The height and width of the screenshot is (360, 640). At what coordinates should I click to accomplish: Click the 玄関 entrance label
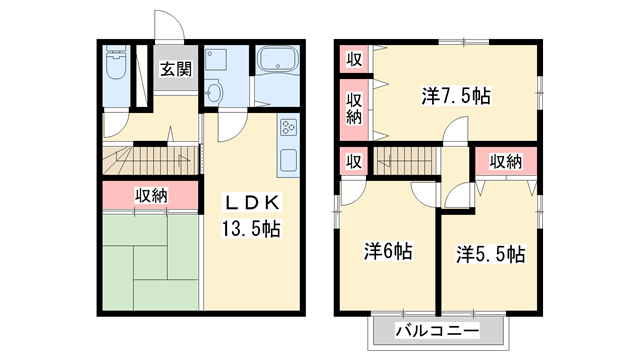point(176,70)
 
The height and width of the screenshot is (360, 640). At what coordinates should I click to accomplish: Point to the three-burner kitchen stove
point(288,128)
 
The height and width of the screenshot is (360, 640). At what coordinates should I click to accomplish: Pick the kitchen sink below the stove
point(288,158)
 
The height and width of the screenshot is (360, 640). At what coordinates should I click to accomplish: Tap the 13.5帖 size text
point(250,228)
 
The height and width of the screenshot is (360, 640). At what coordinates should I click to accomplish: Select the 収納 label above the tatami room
point(151,195)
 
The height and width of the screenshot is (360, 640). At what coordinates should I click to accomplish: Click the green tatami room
point(150,263)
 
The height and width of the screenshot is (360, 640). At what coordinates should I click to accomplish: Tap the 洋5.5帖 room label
point(490,253)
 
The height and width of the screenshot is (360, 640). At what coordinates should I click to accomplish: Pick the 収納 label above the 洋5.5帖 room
point(506,161)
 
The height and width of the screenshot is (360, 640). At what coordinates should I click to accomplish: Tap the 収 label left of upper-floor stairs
point(353,161)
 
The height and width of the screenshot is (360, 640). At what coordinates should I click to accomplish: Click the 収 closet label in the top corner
point(353,59)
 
